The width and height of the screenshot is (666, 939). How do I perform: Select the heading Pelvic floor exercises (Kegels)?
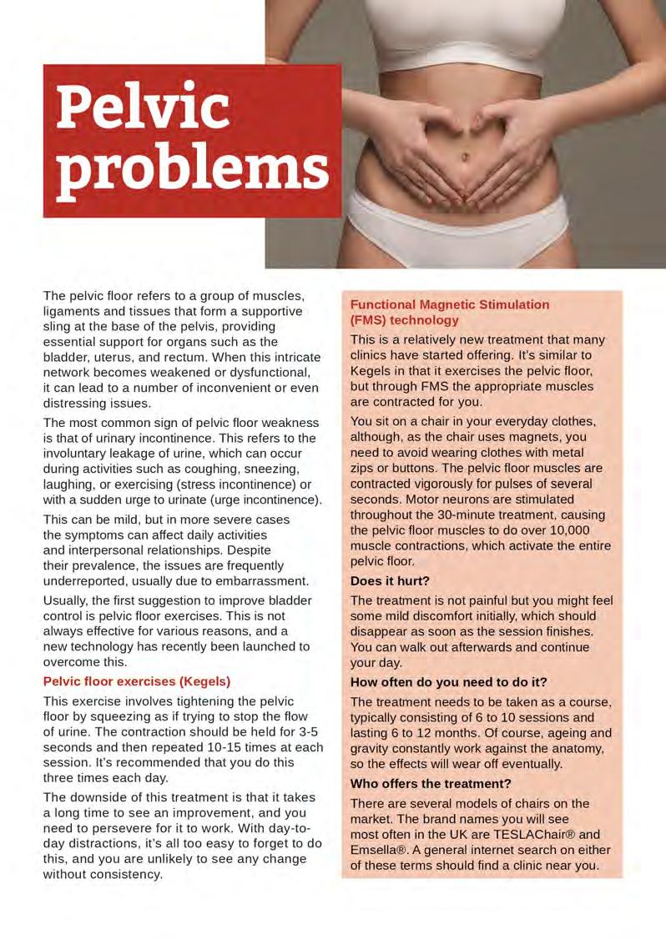point(136,680)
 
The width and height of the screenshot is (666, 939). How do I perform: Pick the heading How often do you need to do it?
point(448,682)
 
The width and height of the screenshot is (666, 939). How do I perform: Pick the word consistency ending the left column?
point(123,875)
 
